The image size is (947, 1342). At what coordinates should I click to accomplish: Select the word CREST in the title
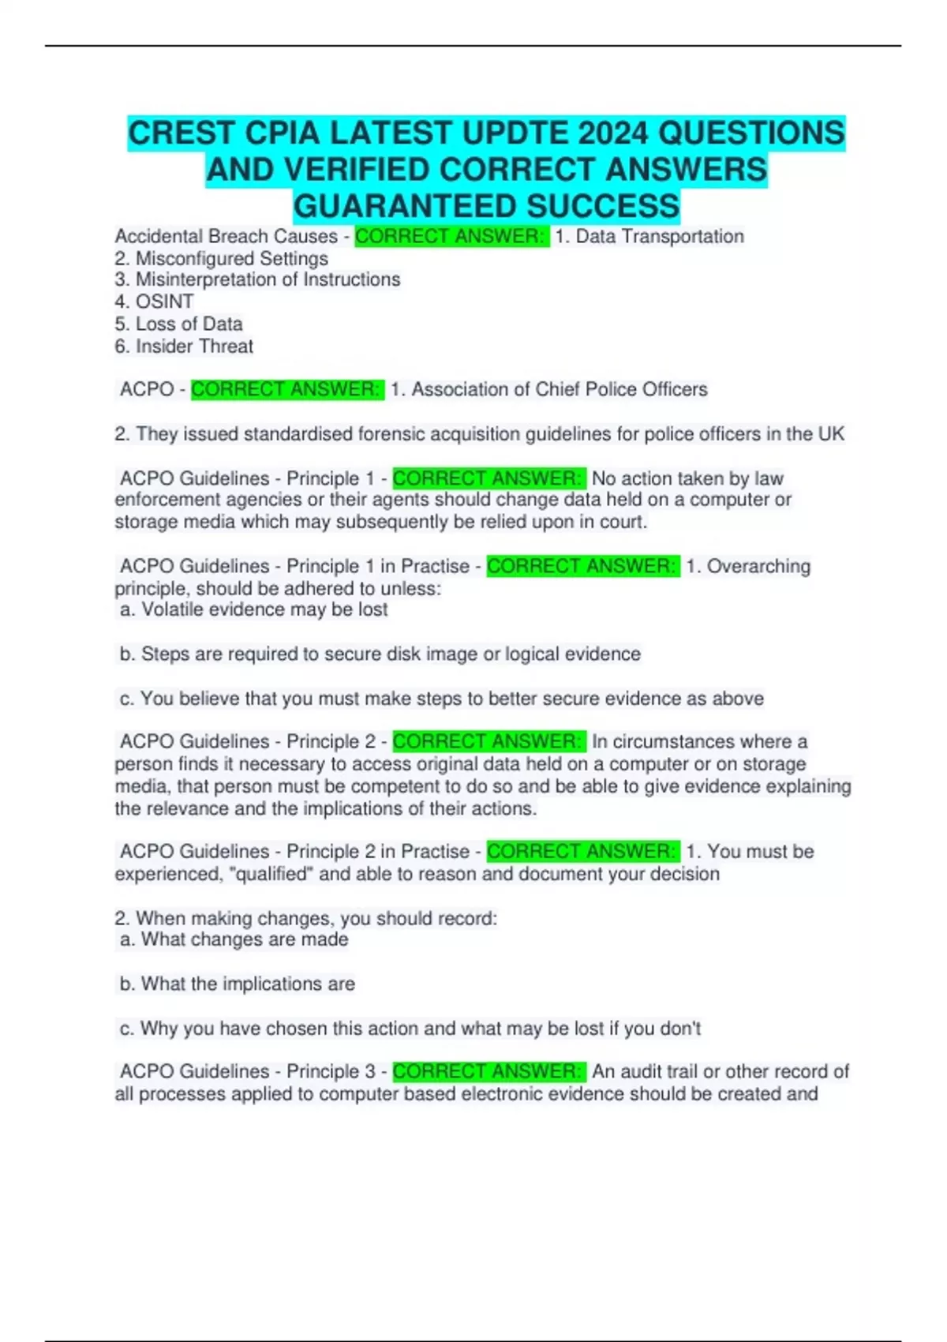182,133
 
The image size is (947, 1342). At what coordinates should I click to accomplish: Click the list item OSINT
164,302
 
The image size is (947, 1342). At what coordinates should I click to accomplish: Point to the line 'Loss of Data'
189,324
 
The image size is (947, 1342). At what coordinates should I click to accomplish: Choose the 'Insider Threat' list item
194,346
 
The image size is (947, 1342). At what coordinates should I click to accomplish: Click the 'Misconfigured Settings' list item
231,258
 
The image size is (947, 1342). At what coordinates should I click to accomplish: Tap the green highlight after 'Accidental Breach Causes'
451,236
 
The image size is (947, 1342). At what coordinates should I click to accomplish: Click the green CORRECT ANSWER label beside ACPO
287,389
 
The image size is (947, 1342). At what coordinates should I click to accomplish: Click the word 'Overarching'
758,566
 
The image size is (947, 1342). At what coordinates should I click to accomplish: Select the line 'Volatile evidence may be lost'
264,609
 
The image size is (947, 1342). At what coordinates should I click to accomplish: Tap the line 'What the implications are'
248,984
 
